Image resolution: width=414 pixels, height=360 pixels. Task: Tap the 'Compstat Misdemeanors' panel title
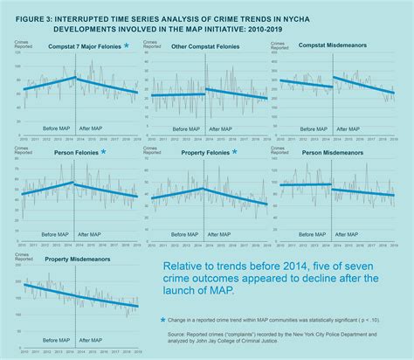(337, 45)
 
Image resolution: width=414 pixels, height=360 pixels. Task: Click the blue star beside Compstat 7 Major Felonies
(127, 45)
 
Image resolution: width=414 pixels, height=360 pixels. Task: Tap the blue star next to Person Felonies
(103, 152)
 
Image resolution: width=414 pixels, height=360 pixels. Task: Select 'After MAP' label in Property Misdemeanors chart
(93, 344)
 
